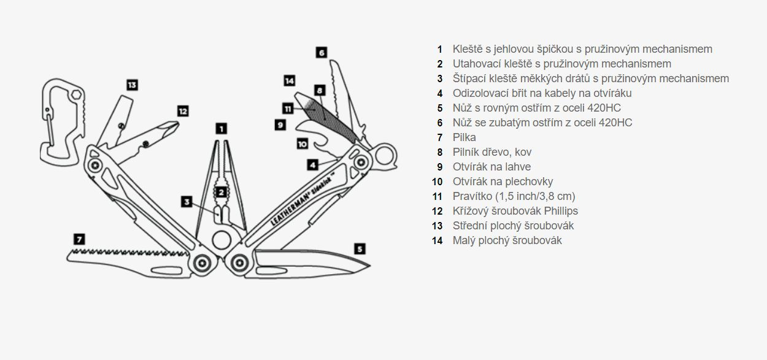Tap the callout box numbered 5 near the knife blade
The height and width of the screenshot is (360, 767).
pyautogui.click(x=360, y=248)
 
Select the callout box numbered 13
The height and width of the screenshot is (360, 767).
pyautogui.click(x=132, y=85)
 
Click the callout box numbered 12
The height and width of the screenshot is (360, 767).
pyautogui.click(x=182, y=111)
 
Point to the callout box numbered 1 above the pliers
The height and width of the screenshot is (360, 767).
pyautogui.click(x=221, y=128)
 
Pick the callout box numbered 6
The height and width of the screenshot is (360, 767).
pyautogui.click(x=322, y=52)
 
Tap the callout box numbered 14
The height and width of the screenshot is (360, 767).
pyautogui.click(x=290, y=80)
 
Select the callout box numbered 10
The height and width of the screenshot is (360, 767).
pyautogui.click(x=301, y=144)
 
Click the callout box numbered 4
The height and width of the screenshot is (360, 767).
pyautogui.click(x=313, y=164)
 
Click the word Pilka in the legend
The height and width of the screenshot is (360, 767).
pyautogui.click(x=464, y=137)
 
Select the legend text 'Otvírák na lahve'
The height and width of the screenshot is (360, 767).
pyautogui.click(x=491, y=167)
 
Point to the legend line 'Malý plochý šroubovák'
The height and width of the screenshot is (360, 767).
pyautogui.click(x=507, y=240)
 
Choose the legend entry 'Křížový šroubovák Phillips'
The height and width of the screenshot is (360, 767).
pyautogui.click(x=515, y=211)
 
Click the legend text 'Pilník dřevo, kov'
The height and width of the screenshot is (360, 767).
pyautogui.click(x=492, y=152)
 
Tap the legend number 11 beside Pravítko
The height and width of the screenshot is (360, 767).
pyautogui.click(x=437, y=196)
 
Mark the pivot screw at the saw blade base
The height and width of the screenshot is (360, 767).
pyautogui.click(x=200, y=264)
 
